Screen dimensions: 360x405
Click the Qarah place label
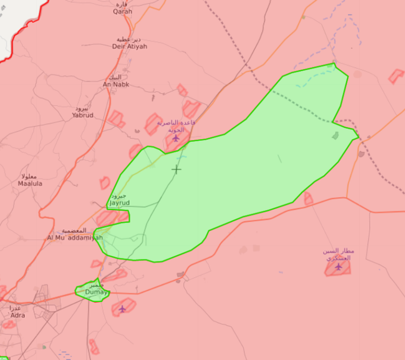point(122,12)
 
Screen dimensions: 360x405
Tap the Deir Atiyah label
point(130,46)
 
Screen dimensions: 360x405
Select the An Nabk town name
point(115,84)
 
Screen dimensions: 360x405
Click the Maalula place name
point(30,183)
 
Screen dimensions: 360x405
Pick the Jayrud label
point(119,202)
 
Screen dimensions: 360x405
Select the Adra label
point(17,315)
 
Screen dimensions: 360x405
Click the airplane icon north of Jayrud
point(176,139)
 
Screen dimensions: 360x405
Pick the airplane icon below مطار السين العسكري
point(339,267)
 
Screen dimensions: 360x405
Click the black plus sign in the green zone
point(176,169)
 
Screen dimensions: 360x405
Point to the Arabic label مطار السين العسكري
point(339,255)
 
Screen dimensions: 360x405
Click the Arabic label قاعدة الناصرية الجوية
point(176,125)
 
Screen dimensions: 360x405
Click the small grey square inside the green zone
point(335,136)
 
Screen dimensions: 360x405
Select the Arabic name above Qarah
point(122,4)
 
